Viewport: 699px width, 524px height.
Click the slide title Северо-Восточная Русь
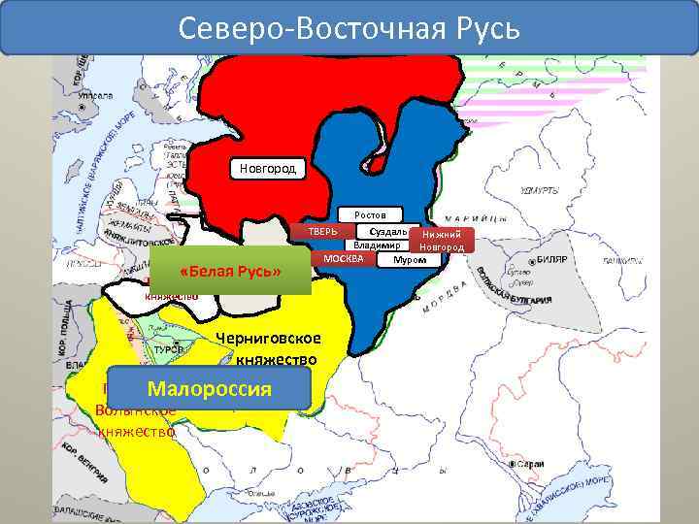[349, 26]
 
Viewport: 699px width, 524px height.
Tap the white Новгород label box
[268, 170]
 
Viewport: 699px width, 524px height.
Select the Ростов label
[370, 213]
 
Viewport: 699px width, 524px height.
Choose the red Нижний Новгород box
[442, 241]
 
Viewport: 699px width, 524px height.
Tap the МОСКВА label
[343, 259]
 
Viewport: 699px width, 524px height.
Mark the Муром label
[408, 259]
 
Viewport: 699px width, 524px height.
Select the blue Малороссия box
[209, 389]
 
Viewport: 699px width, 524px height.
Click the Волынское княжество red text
[136, 421]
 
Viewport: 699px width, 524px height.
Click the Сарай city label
[557, 465]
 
